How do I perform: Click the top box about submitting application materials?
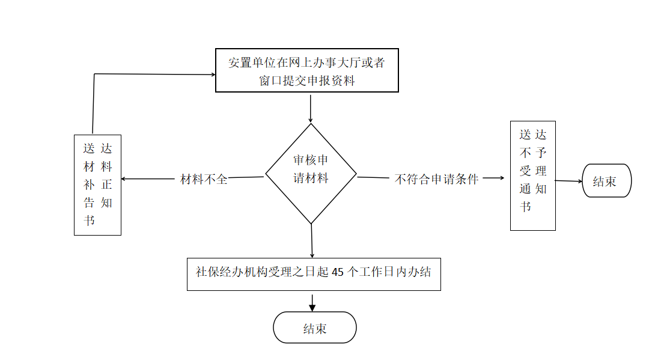(307, 70)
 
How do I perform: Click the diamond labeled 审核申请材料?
(311, 173)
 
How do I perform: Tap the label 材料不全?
(204, 179)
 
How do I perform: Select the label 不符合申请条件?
(436, 179)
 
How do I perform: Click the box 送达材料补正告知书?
(97, 185)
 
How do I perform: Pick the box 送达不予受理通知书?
(533, 175)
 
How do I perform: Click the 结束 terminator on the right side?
(607, 181)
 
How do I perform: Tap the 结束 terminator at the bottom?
(315, 328)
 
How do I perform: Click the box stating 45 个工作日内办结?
(314, 275)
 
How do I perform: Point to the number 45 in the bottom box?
(338, 272)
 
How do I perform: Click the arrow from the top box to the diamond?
(311, 109)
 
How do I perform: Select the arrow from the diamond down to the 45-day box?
(312, 241)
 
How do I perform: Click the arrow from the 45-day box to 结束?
(312, 303)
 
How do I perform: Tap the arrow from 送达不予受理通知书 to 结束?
(569, 182)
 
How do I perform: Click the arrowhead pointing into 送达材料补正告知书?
(124, 178)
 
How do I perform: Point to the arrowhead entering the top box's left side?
(213, 75)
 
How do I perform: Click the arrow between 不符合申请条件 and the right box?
(493, 178)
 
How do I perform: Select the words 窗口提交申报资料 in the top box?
(307, 81)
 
